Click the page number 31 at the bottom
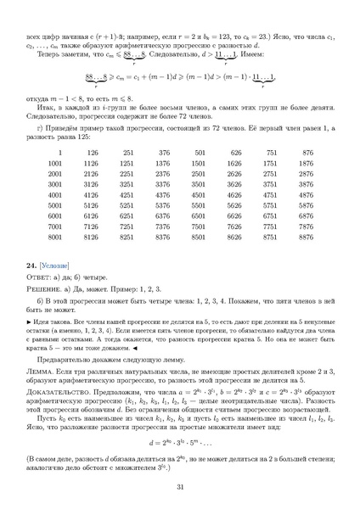(180, 486)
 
